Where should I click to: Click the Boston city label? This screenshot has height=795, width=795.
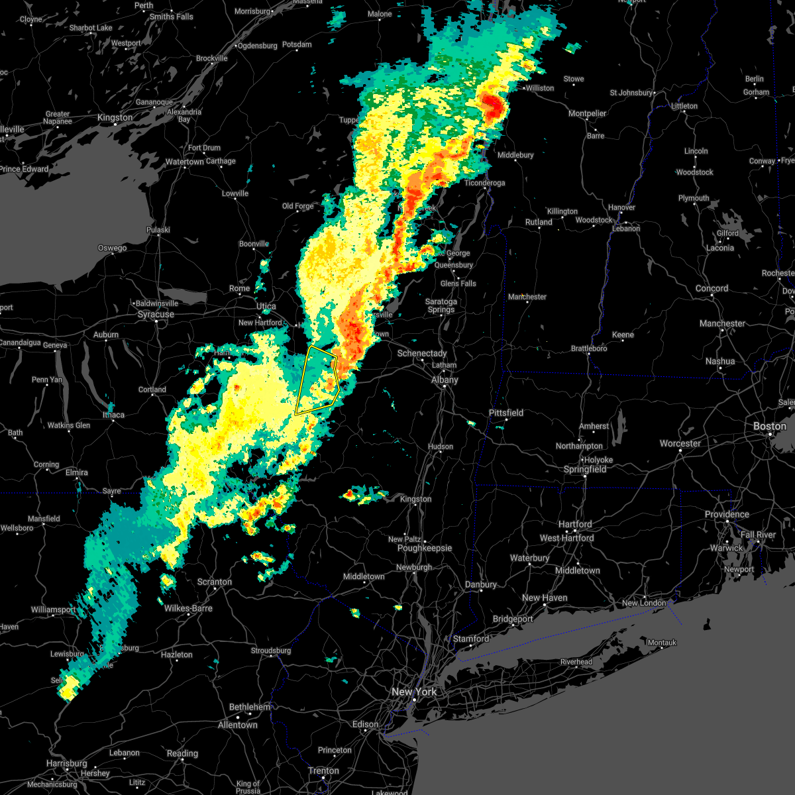click(769, 426)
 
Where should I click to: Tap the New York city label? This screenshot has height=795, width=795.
click(414, 692)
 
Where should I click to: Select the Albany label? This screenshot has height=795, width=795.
click(445, 380)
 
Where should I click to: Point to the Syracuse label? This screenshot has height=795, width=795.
click(156, 314)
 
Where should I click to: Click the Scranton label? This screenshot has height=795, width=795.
click(215, 582)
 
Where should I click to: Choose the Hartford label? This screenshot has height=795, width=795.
click(575, 524)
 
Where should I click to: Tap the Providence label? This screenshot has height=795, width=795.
click(727, 514)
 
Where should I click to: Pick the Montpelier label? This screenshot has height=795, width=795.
click(588, 114)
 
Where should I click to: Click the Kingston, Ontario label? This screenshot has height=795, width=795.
click(115, 118)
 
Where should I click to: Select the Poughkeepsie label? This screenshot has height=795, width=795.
click(425, 549)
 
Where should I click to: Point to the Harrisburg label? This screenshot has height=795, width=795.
click(67, 763)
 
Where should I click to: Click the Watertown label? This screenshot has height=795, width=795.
click(185, 162)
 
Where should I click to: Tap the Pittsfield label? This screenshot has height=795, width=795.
click(506, 413)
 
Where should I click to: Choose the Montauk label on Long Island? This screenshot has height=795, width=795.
click(662, 643)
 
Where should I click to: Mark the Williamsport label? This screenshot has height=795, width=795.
click(54, 609)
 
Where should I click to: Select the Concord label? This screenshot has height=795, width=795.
click(712, 289)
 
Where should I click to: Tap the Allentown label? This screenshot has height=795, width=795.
click(238, 725)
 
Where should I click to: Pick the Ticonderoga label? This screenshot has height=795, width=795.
click(485, 183)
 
